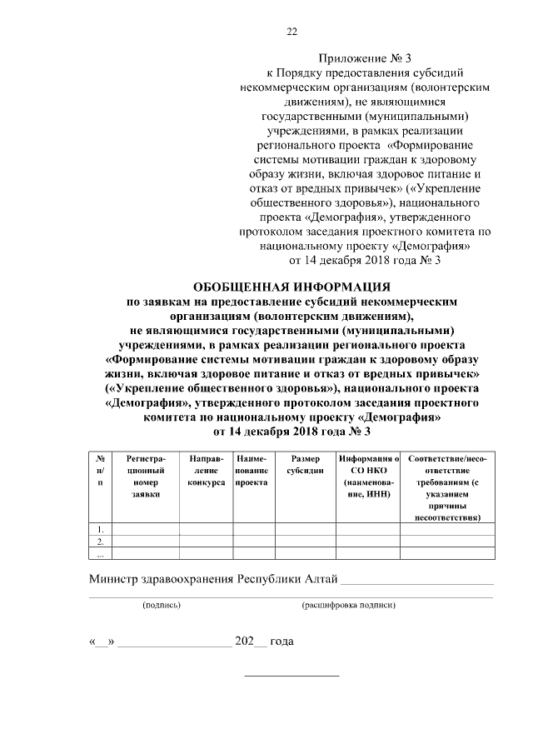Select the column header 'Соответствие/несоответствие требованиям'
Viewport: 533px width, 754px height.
tap(448, 487)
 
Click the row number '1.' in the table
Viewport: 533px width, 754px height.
tap(101, 529)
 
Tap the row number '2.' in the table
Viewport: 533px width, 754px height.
tap(101, 541)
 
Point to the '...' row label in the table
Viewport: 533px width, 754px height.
tap(101, 552)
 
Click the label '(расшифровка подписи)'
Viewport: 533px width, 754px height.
tap(348, 606)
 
